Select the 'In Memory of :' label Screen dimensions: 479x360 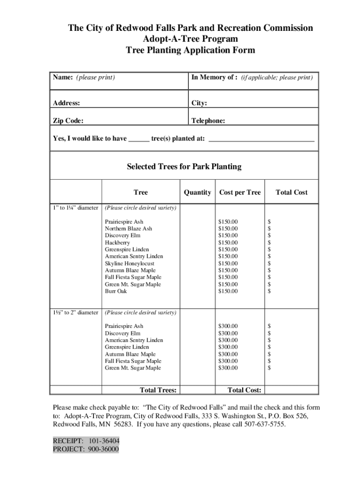tap(214, 77)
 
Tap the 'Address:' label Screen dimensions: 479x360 tap(66, 103)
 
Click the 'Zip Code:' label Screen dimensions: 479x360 tap(68, 121)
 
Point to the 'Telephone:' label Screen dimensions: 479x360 tap(208, 121)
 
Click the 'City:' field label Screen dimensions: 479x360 tap(199, 103)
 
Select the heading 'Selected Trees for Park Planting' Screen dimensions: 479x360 tap(184, 167)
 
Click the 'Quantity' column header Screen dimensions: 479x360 tap(197, 192)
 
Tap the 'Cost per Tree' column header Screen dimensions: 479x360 tap(240, 192)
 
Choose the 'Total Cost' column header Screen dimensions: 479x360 tap(291, 192)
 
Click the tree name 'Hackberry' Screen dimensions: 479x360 tap(117, 243)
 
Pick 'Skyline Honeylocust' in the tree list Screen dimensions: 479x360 tap(130, 263)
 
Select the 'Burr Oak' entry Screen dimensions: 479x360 tap(115, 291)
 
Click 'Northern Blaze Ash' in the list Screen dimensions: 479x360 tap(128, 229)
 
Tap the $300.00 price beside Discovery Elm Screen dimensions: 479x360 tap(228, 333)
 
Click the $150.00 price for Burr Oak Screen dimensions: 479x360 tap(228, 291)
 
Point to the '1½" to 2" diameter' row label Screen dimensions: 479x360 tap(75, 312)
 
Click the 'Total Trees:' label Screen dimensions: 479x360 tap(158, 390)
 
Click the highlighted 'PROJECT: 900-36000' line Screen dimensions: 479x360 tap(86, 450)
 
